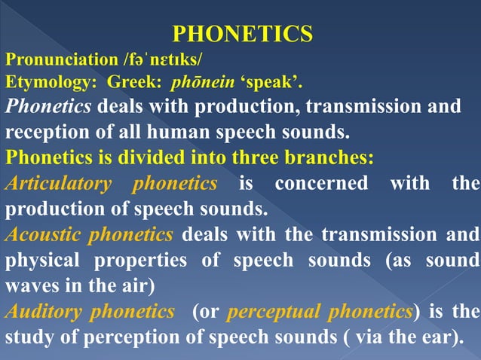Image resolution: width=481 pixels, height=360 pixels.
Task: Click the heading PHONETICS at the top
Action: click(242, 34)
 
